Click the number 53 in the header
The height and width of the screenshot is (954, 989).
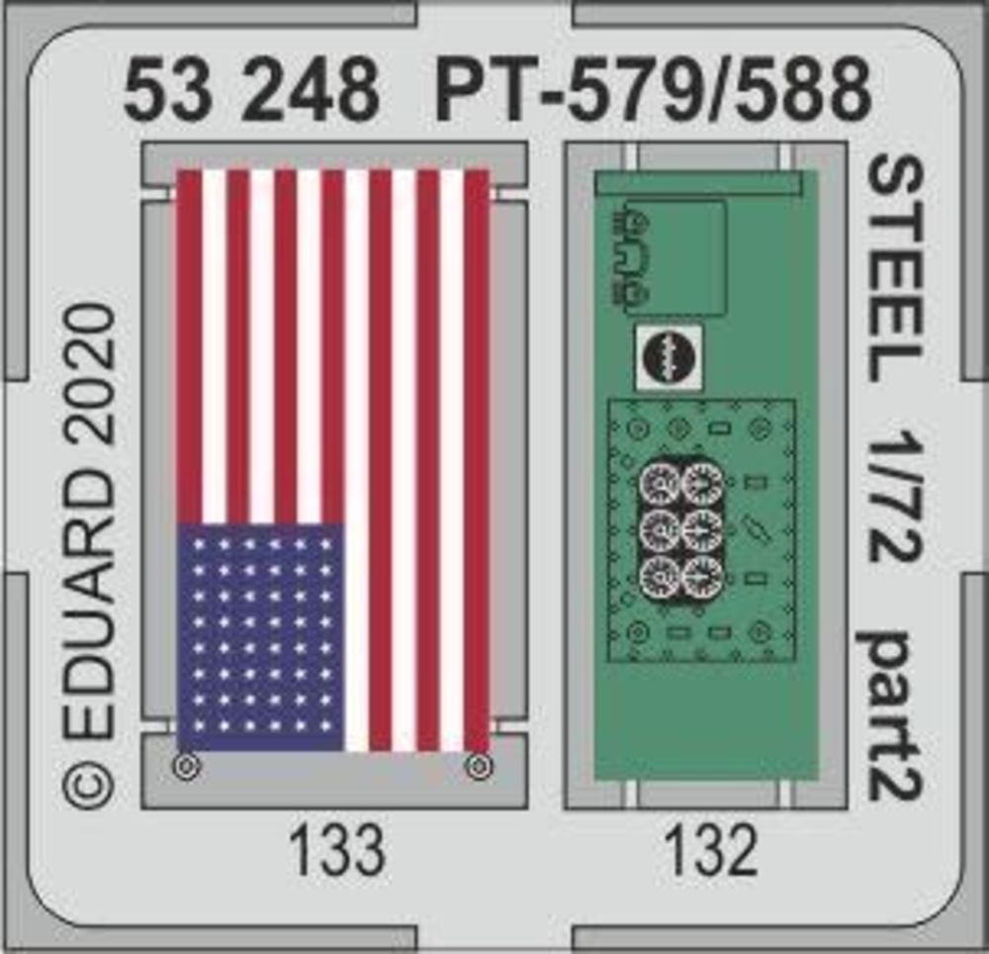167,90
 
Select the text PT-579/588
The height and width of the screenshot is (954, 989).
653,90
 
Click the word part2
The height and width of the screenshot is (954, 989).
893,716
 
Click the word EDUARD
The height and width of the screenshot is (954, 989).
89,605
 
